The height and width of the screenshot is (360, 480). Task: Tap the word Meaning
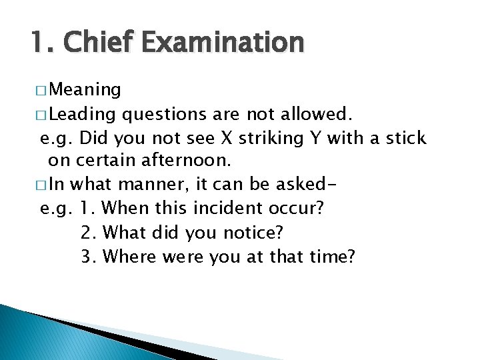pyautogui.click(x=85, y=90)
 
